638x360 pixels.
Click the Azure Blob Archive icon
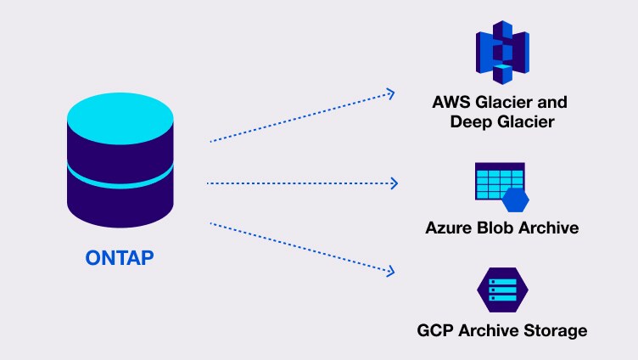(x=501, y=186)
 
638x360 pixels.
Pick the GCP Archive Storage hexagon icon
(x=502, y=290)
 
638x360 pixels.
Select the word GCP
(x=436, y=329)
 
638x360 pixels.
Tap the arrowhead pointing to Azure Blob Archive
(x=393, y=183)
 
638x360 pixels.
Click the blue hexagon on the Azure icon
(x=516, y=200)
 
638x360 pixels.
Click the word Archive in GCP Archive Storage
(x=490, y=329)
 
